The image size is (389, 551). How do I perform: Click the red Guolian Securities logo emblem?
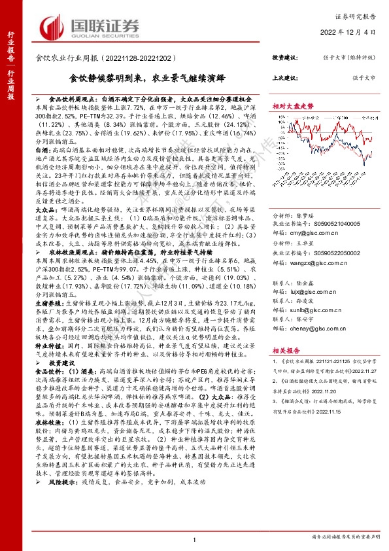click(54, 27)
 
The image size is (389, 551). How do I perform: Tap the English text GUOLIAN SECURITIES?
click(103, 37)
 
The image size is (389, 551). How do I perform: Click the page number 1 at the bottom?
click(195, 538)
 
